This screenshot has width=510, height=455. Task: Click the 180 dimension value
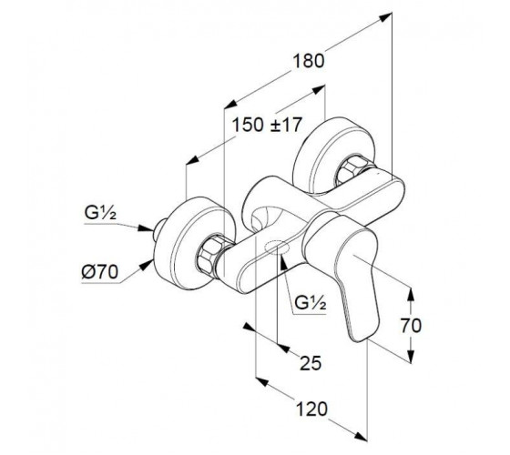(x=309, y=61)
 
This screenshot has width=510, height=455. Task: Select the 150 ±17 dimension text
(x=267, y=126)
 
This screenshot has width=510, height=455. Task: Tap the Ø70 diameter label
(x=100, y=272)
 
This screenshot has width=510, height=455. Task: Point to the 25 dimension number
(x=311, y=363)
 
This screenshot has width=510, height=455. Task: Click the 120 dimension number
(x=311, y=409)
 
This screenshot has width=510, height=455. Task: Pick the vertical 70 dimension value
(x=411, y=326)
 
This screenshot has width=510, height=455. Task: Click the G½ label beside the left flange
(x=100, y=213)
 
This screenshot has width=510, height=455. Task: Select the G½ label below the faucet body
(x=310, y=303)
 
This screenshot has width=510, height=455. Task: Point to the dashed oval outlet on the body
(x=277, y=248)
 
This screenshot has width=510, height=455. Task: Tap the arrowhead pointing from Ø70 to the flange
(x=147, y=264)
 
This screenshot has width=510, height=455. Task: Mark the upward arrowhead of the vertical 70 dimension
(x=411, y=294)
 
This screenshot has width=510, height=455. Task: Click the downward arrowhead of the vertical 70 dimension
(x=411, y=356)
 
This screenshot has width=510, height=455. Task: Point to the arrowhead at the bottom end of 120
(x=361, y=437)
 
